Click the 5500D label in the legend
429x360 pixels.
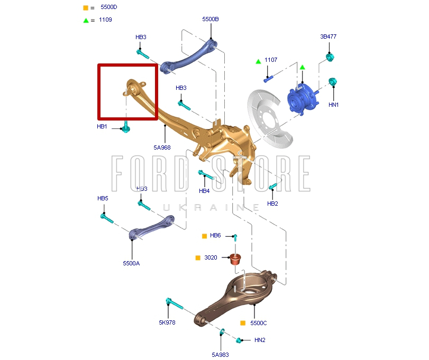click(109, 8)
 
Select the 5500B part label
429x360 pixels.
click(210, 19)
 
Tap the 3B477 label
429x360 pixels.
click(328, 36)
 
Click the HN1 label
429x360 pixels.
click(333, 105)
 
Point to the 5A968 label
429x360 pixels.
click(162, 147)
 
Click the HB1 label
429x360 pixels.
click(102, 127)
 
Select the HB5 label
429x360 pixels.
click(103, 198)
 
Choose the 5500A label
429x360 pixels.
click(131, 263)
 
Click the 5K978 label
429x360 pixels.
click(167, 322)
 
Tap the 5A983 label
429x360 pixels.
click(220, 355)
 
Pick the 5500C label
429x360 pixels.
click(259, 322)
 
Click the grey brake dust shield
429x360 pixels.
click(270, 119)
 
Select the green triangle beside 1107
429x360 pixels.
click(258, 61)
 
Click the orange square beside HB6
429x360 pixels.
click(204, 236)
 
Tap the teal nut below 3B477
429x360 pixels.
click(330, 57)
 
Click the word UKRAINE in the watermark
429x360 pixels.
click(211, 208)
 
